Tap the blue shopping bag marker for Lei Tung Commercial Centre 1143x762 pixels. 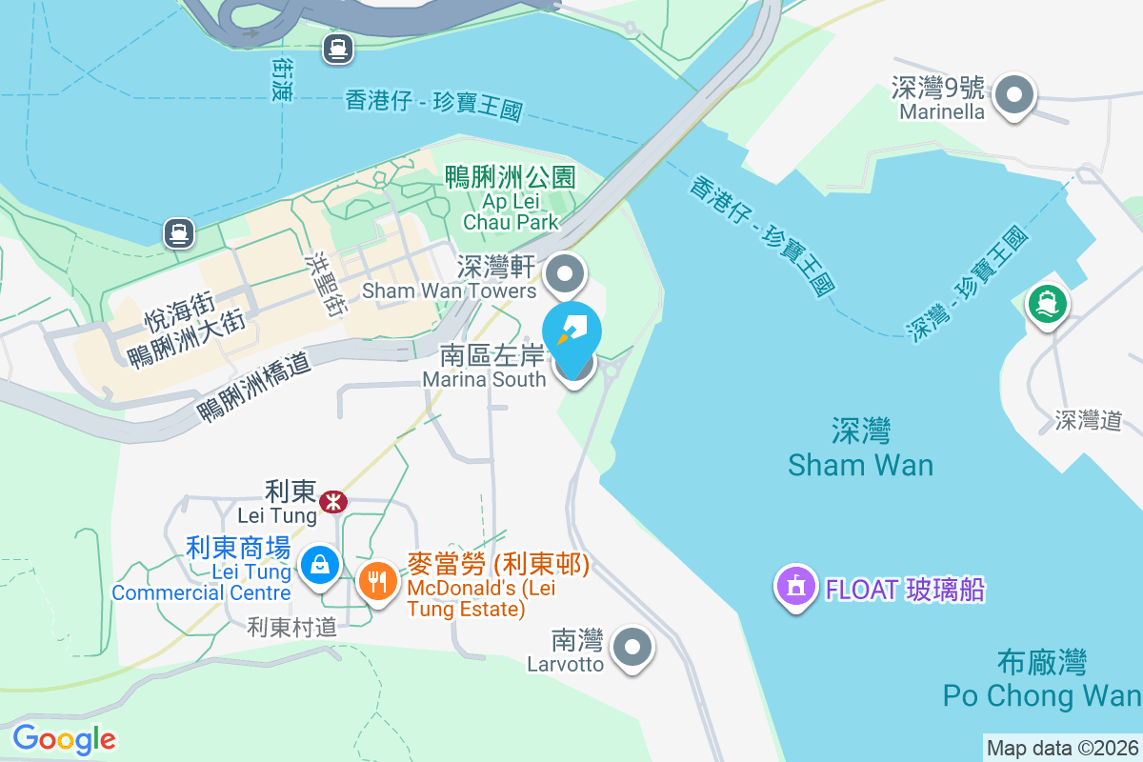coord(319,565)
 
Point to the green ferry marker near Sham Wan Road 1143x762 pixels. coord(1047,304)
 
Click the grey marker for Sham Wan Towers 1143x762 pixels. coord(567,275)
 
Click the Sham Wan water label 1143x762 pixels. coord(860,448)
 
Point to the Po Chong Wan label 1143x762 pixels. coord(1041,679)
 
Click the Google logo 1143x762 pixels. coord(64,739)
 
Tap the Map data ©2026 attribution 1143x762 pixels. coord(1062,749)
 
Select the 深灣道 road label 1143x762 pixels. coord(1088,420)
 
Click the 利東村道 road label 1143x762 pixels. coord(292,626)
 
